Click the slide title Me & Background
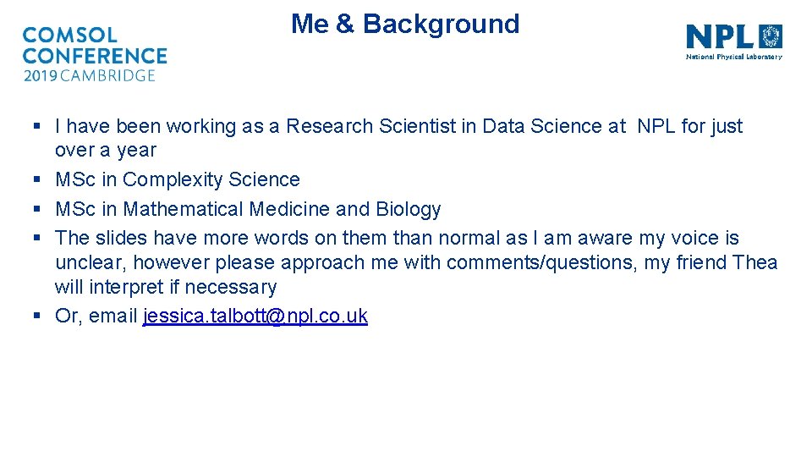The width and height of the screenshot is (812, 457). coord(405,24)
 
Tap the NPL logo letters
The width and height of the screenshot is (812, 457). coord(719,36)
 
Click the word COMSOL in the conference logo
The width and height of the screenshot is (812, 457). coord(69,36)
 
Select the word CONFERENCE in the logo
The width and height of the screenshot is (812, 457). coord(95,56)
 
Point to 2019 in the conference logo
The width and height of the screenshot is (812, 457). coord(41,75)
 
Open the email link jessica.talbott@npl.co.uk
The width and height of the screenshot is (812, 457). coord(255,316)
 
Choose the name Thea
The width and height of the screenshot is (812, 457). coord(756,262)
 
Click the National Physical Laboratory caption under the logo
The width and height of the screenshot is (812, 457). coord(733,58)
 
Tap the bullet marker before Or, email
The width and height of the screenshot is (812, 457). coord(36,316)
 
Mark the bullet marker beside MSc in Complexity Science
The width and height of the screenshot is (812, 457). coord(36,179)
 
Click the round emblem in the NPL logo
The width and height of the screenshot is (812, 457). coord(771,36)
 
